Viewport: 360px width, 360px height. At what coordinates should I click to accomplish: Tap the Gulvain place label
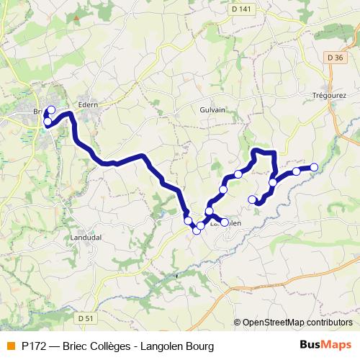213,110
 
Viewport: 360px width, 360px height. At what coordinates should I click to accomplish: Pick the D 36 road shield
333,58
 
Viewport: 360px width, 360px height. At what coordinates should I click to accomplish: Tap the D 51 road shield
86,318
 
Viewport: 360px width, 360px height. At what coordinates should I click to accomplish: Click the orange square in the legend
10,346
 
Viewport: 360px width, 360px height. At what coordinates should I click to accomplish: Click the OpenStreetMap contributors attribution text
297,323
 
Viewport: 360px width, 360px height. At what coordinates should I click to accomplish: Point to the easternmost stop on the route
314,168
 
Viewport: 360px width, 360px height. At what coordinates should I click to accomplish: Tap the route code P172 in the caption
34,346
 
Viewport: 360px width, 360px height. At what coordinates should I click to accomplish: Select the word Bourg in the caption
199,346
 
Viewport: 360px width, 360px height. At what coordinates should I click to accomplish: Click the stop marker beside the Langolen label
224,222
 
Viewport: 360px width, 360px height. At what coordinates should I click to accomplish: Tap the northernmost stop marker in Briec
50,110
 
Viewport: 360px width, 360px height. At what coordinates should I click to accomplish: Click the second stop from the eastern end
296,171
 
